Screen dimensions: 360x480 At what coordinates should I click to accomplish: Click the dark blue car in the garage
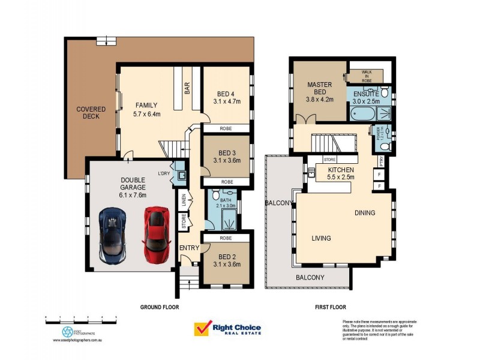[x=113, y=235]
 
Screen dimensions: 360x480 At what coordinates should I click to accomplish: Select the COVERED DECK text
[x=91, y=113]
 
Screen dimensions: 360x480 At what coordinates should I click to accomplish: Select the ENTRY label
[x=189, y=248]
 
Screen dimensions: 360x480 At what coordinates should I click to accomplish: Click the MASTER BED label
[x=319, y=85]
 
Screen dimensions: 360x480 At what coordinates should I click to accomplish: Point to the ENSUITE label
[x=365, y=94]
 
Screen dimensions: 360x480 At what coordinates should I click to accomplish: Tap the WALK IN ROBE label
[x=367, y=75]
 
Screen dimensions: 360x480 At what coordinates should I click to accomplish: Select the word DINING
[x=365, y=212]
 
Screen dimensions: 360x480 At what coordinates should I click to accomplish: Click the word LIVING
[x=321, y=238]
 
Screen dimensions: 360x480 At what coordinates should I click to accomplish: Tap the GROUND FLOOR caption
[x=160, y=307]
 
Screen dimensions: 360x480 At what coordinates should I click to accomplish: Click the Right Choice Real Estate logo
[x=228, y=328]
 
